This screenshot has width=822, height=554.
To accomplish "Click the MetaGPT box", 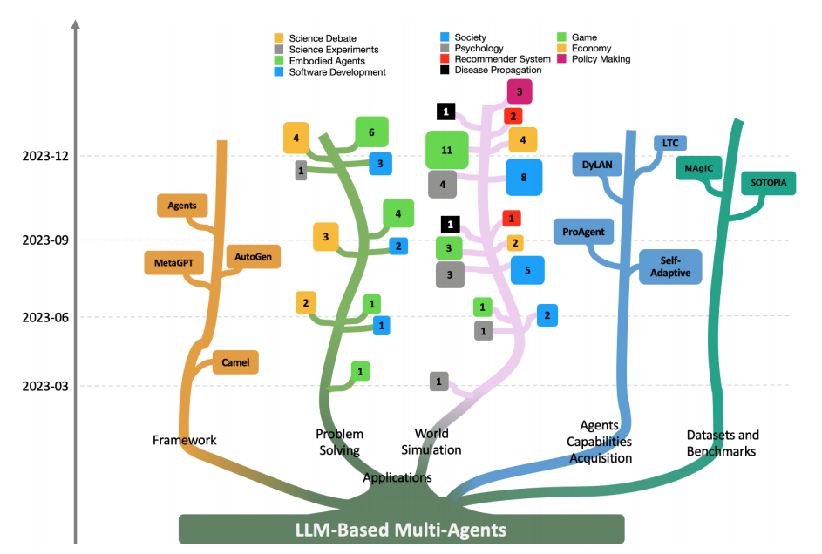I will pos(174,262).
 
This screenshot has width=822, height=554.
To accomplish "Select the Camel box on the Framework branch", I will pos(235,361).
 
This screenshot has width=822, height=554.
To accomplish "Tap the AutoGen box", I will pos(253,257).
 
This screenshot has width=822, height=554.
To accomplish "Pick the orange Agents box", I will pos(182,206).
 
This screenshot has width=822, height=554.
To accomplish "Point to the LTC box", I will pos(669,142).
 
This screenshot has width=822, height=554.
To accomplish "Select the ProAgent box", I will pos(583,232).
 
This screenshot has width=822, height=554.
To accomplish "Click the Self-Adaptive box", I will pos(669,267).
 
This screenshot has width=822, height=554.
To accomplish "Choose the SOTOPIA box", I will pos(768,184).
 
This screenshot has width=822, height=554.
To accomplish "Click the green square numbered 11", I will pos(447,150).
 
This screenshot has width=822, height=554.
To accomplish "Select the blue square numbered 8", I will pos(523,177).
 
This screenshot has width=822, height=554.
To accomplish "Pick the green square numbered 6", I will pos(371,132).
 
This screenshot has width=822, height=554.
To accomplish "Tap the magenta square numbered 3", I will pos(519,91).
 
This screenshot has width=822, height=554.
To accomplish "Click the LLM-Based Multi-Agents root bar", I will pos(401,529).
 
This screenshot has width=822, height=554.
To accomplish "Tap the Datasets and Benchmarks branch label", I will pos(723,443).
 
